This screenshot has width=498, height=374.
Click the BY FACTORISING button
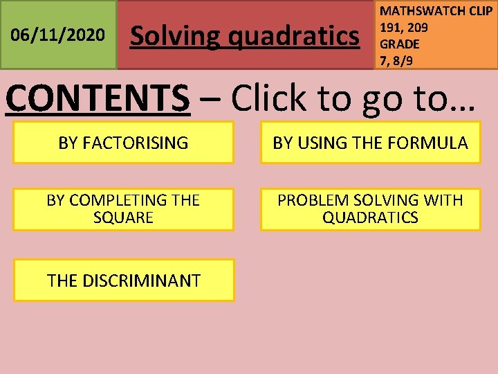coord(123,143)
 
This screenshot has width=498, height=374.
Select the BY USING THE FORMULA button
coord(370,143)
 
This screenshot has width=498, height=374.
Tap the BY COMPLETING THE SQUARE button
coord(123,209)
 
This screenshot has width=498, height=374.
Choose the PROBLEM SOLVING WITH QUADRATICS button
coord(370,209)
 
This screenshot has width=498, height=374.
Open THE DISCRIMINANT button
coord(124,280)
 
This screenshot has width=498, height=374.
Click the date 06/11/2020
coord(59,35)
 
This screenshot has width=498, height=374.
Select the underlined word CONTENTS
coord(98,99)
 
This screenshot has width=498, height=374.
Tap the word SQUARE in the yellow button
coord(123,218)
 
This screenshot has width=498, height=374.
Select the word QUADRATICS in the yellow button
coord(370,218)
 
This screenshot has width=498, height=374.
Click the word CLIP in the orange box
coord(478,11)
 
